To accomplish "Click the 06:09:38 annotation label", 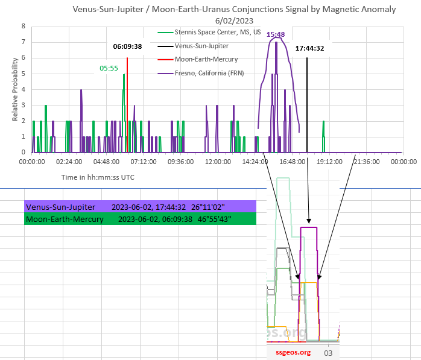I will point(127,46).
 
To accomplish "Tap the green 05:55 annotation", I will point(109,68).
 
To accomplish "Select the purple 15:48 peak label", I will point(276,35).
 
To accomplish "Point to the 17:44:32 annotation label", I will point(310,48).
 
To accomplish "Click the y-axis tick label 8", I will point(22,27).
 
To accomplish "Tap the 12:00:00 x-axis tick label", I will point(218,162).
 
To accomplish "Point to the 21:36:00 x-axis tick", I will point(366,162).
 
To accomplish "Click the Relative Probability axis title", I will point(15,91).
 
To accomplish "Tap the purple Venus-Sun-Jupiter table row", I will point(140,206).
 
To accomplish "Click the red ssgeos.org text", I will point(293,352).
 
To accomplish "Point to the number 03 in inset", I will point(329,352).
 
